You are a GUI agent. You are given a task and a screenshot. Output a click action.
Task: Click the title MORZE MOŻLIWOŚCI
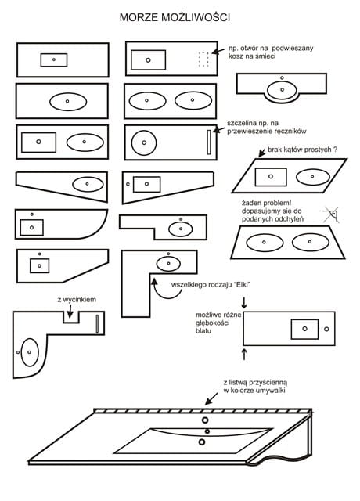175,17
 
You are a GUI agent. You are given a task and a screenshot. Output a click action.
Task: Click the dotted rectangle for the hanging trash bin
203,59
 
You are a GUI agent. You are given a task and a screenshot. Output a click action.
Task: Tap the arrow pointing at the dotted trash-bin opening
218,50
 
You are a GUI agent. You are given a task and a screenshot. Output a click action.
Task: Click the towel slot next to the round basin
209,142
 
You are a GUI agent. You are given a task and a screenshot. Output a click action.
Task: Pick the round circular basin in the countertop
144,142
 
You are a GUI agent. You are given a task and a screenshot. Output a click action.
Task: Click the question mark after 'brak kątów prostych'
335,150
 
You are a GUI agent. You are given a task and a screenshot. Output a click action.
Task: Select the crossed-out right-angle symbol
331,214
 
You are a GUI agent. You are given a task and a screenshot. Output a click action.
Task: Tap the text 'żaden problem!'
266,203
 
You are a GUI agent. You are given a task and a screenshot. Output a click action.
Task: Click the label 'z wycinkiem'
77,300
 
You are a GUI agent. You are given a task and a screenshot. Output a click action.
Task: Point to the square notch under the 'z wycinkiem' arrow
71,317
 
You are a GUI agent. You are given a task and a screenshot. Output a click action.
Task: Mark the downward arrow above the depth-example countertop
244,303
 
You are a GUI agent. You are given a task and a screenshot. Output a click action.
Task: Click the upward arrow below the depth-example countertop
244,354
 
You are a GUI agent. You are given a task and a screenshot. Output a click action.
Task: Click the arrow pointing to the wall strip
211,398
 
